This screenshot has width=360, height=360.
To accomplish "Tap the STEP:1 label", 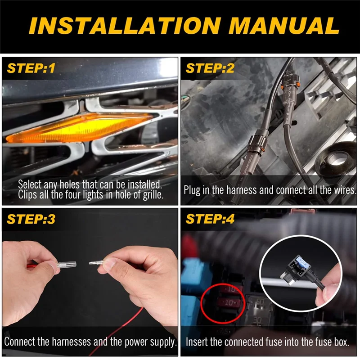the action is pos(31,68).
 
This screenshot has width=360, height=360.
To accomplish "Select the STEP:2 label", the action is pos(210,68).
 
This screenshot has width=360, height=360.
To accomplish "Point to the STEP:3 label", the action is pos(31,219).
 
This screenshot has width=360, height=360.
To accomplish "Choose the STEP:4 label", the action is pos(210,219).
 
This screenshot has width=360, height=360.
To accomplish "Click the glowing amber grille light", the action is pos(78,127).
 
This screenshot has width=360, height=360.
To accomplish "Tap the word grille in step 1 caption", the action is pos(153,195).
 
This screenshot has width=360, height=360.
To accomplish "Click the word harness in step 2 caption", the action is pos(242,190).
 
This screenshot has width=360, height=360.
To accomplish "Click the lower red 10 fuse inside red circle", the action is pos(230,303).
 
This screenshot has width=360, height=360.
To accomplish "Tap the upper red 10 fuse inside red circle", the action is pos(231,289).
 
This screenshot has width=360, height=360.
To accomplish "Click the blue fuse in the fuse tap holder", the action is pos(302,262).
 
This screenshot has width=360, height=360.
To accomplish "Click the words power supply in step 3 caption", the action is pos(151,342).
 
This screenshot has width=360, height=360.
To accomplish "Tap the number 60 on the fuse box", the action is pos(260,301).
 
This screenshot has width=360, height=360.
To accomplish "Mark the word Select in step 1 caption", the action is pos(30,184).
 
